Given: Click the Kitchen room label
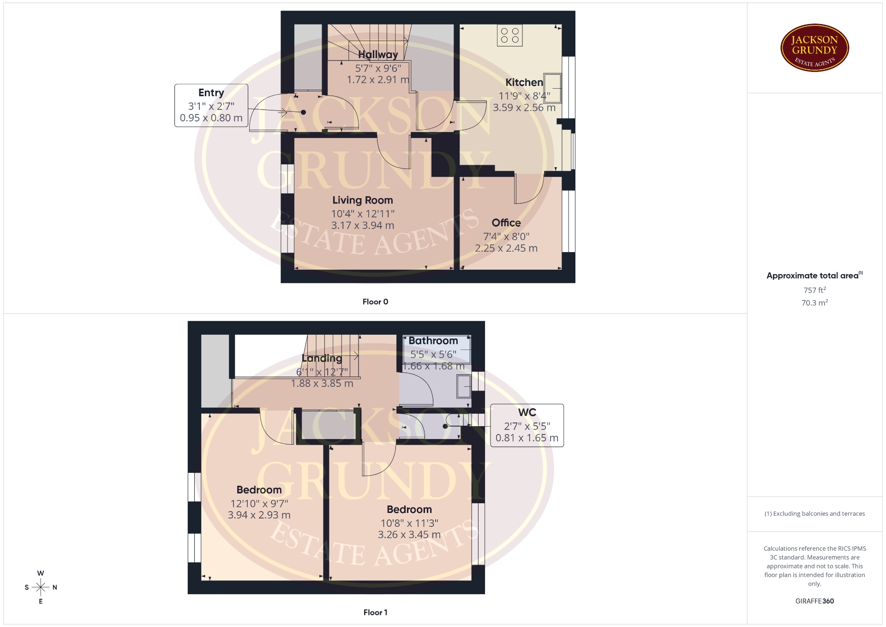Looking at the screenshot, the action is pos(524,83).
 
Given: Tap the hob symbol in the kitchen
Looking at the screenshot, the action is pos(509,36).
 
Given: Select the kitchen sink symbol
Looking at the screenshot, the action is pos(552,88).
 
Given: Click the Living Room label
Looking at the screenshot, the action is pos(363,200).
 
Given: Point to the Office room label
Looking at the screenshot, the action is pos(506,223).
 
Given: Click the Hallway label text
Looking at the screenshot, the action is pos(378,54).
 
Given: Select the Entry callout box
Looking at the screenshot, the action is pos(211,105).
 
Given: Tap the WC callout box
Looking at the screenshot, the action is pos(527,425).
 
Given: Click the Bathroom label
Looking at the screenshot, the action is pos(433,341).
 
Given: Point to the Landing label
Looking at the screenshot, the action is pos(322,358).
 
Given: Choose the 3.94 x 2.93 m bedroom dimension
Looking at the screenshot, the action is pos(259,515).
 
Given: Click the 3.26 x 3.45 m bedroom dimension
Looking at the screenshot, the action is pos(409,535).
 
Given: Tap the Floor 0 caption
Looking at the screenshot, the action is pos(375,302).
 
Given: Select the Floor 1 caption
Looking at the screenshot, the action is pos(375,613).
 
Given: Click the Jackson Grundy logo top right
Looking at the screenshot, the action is pos(814,48).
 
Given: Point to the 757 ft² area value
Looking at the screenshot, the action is pos(814,290).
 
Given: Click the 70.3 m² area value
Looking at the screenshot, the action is pos(814,303).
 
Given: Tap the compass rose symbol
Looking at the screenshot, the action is pos(41,587).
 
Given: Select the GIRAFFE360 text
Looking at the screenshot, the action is pos(814,601).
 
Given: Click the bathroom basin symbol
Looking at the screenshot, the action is pos(464,386).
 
